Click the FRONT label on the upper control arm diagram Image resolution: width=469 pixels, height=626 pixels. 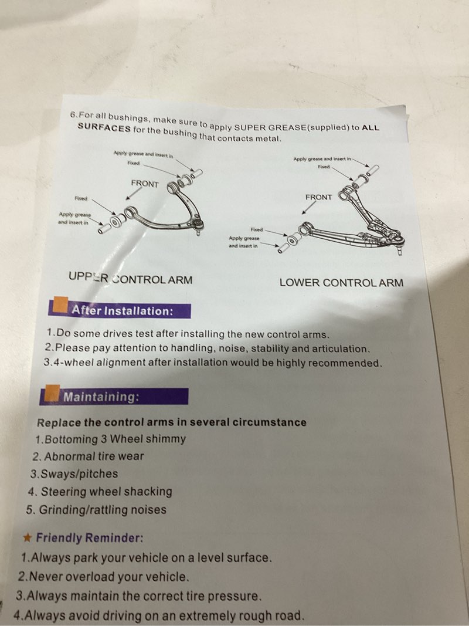tap(145, 184)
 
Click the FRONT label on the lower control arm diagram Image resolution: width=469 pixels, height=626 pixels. tap(319, 197)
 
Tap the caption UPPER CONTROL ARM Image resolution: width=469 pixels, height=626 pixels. tap(130, 279)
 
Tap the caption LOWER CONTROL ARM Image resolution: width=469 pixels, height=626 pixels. tap(341, 283)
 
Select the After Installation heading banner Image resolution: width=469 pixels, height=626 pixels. tap(120, 310)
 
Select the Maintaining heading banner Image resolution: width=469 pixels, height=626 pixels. tap(114, 397)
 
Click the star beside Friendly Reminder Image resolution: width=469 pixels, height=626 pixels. tap(28, 538)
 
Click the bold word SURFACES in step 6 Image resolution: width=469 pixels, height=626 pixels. tap(104, 127)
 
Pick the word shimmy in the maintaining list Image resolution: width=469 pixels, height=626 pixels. tap(165, 439)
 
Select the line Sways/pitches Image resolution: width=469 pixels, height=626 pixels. tap(74, 474)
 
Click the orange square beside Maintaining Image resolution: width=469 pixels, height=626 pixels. tap(52, 393)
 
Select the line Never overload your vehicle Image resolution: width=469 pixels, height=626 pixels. tap(103, 577)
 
